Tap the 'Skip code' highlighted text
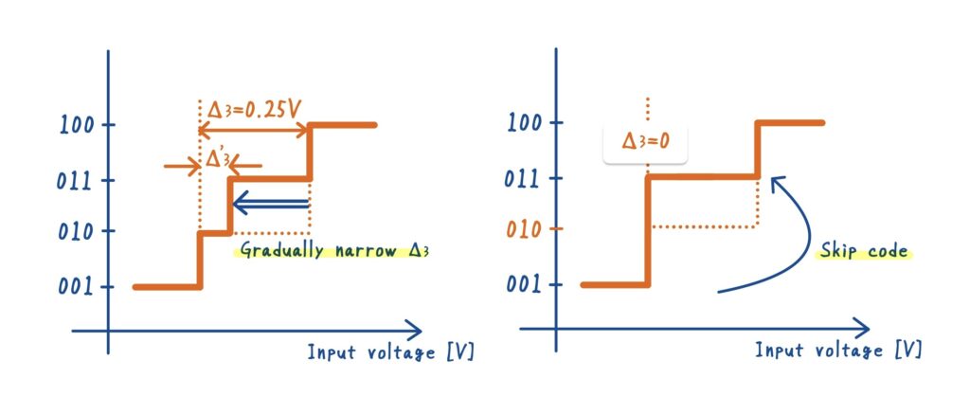[x=862, y=252]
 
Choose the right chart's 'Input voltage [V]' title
[x=838, y=351]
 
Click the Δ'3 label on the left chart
[x=217, y=161]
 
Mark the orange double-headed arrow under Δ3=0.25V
[x=254, y=130]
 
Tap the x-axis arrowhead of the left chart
[x=414, y=330]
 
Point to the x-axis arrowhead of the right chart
[x=861, y=330]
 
